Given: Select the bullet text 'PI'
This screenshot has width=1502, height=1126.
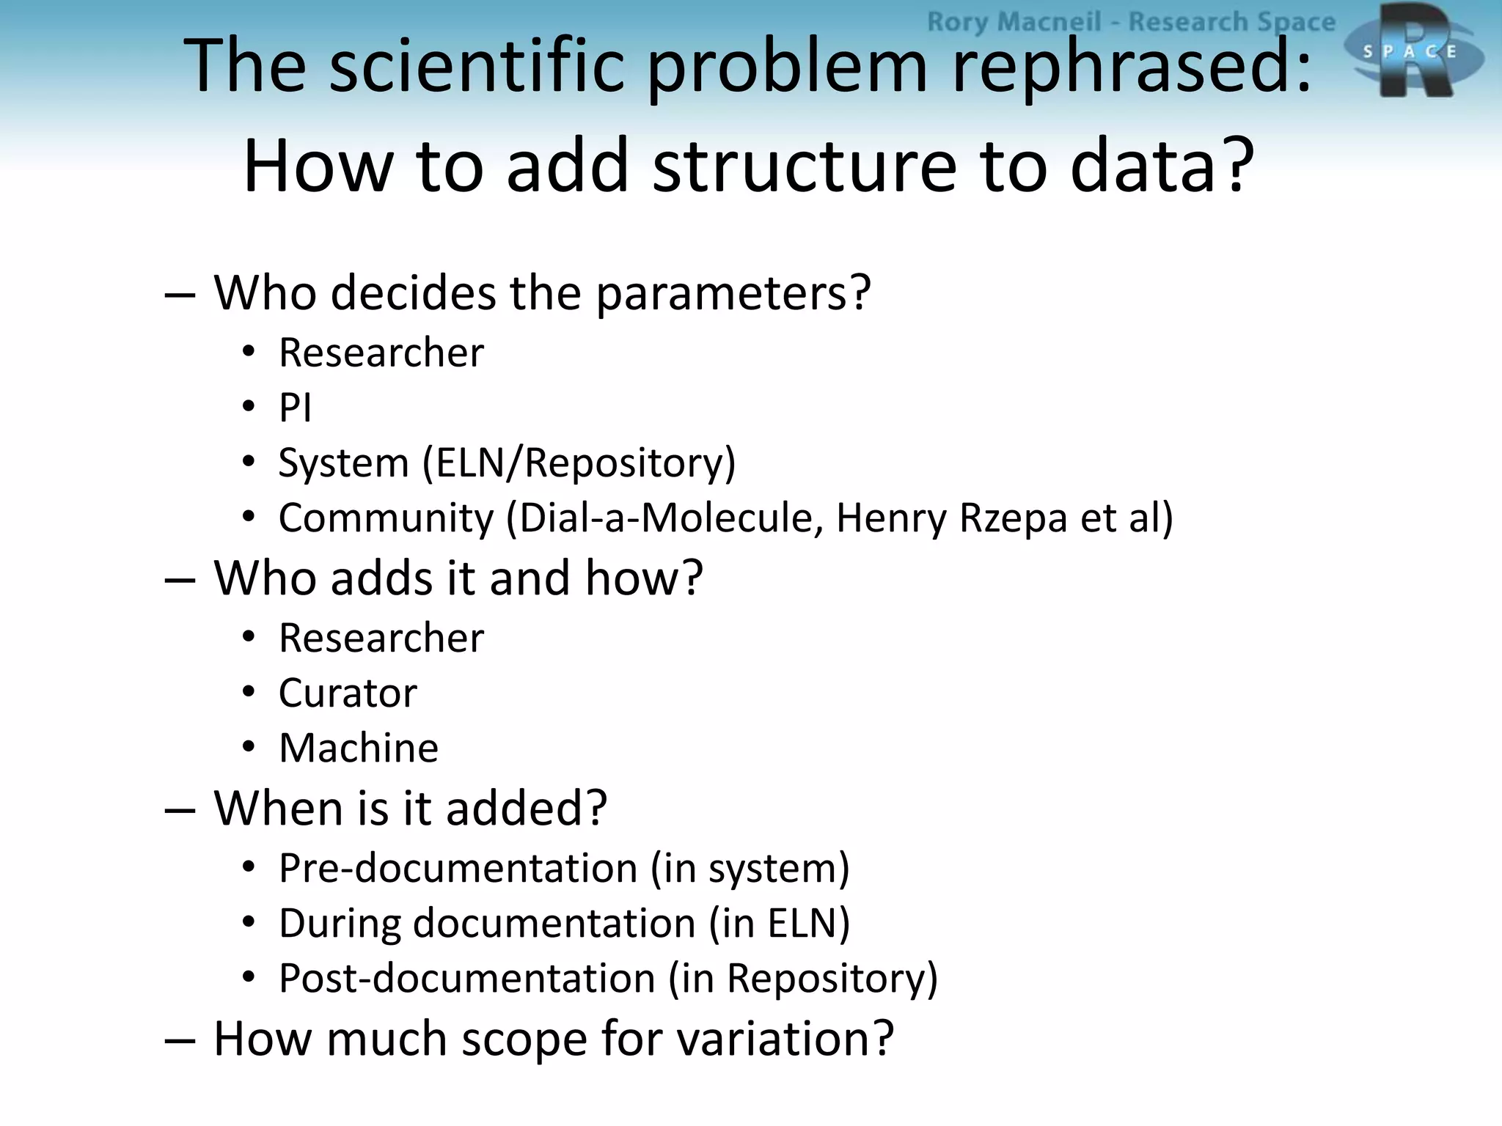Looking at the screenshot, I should (x=296, y=408).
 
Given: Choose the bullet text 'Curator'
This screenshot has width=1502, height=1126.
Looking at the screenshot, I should (x=348, y=693).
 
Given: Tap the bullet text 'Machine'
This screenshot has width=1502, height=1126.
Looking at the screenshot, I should (x=359, y=748).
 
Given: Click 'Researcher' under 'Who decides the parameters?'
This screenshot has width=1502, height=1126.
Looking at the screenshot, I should (x=381, y=353).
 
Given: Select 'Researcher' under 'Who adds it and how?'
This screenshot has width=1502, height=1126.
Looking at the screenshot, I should (x=381, y=638).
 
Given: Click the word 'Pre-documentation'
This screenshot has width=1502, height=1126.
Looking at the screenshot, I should (x=458, y=869).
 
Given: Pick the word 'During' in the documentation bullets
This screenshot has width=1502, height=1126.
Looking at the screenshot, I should (x=340, y=924).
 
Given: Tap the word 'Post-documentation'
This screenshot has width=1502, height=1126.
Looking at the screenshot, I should (x=467, y=979).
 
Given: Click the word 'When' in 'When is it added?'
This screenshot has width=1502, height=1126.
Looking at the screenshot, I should (x=279, y=808).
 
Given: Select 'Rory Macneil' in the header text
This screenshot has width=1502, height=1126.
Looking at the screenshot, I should (x=1014, y=22).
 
